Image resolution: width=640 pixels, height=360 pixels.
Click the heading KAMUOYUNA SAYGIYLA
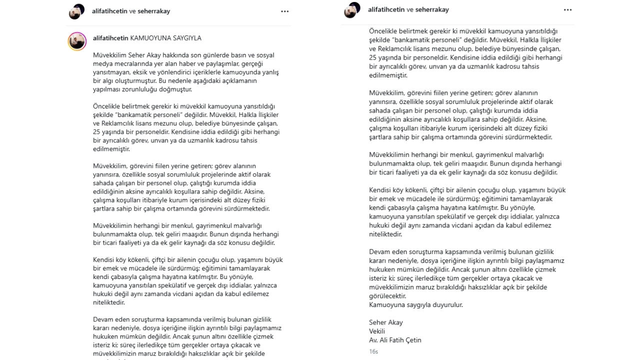coord(165,38)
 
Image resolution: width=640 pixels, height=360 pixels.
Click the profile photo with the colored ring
coord(77,41)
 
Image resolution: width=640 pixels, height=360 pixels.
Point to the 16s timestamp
coord(373,351)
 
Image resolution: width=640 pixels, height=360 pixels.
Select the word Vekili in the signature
coord(377,331)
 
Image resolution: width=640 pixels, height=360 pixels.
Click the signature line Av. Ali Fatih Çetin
coord(395,340)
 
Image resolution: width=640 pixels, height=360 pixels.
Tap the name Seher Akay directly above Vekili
coord(385,322)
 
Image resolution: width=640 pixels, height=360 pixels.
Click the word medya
coord(101,63)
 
